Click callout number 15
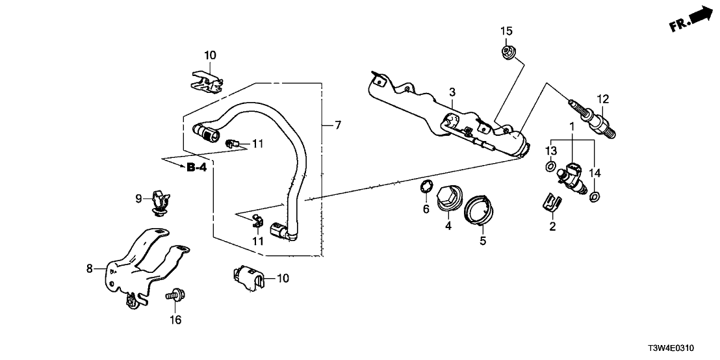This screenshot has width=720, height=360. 506,31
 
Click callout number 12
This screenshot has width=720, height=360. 602,99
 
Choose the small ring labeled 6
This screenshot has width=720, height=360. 424,189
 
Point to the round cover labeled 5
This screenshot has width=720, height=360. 480,211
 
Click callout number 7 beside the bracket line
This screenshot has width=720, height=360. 337,124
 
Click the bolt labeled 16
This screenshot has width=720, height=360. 173,300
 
